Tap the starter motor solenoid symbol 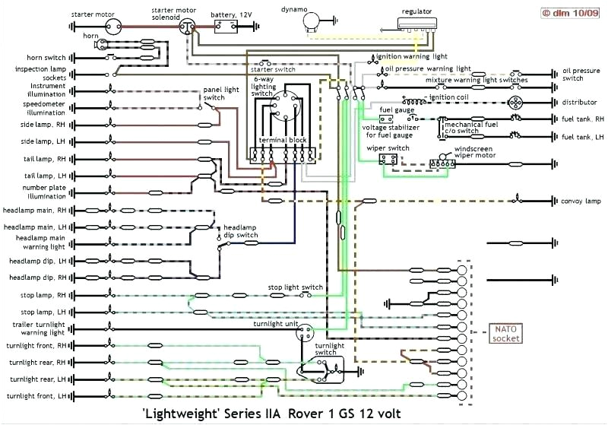pyautogui.click(x=185, y=26)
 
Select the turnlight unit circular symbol pyautogui.click(x=304, y=332)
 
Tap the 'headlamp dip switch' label pyautogui.click(x=240, y=231)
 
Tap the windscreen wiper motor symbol pyautogui.click(x=441, y=163)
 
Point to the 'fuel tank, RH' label pyautogui.click(x=581, y=119)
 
